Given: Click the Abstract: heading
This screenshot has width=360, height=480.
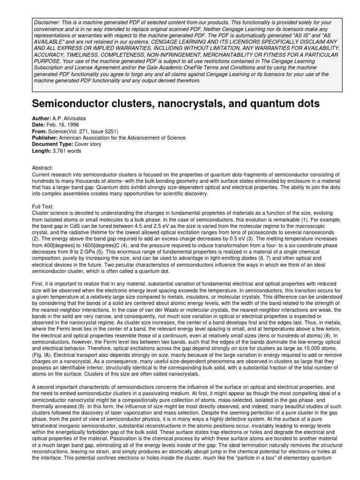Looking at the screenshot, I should coord(44,168).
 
